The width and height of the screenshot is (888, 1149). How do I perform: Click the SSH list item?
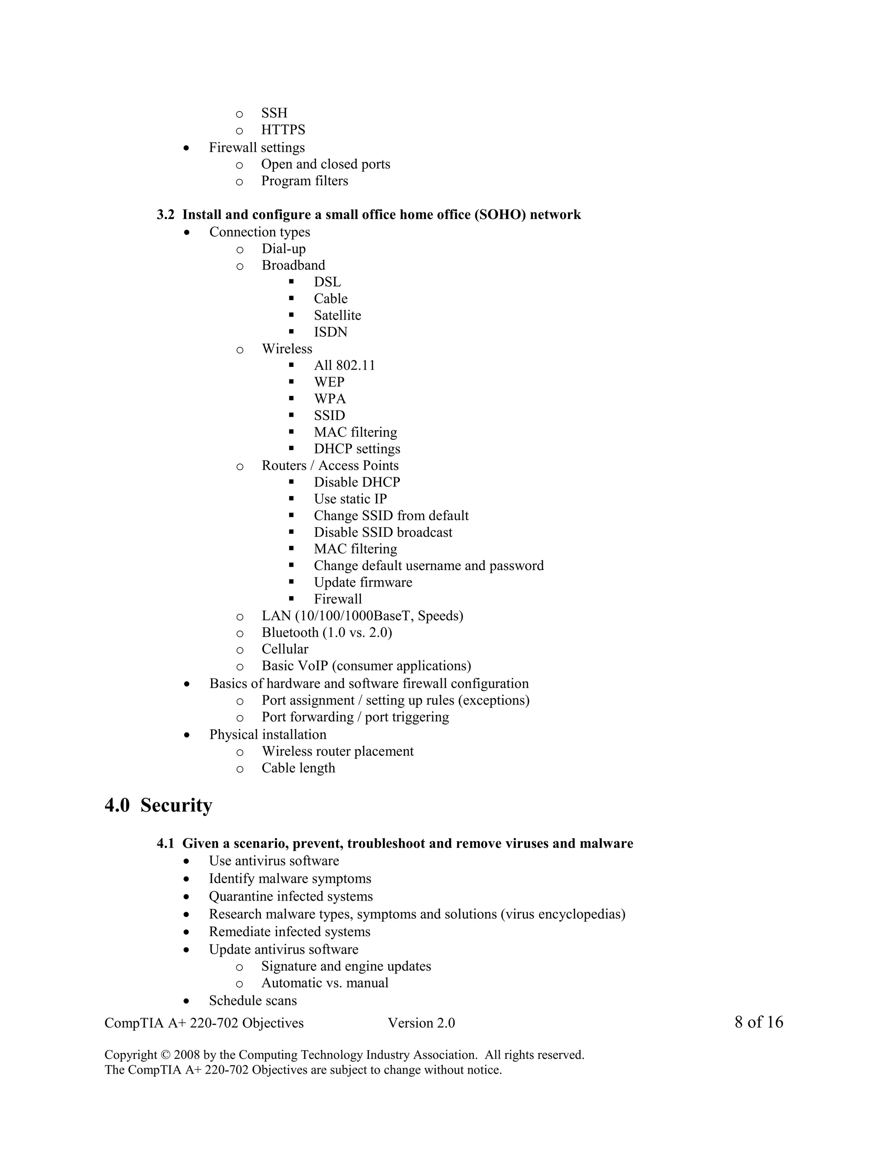274,113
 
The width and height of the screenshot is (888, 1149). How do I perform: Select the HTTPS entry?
283,130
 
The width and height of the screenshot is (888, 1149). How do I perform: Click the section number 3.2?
165,215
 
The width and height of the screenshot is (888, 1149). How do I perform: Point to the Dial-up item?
284,249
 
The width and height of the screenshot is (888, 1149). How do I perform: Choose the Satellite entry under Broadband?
337,316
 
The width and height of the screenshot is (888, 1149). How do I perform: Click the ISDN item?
330,333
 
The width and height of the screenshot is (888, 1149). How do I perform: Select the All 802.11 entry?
345,366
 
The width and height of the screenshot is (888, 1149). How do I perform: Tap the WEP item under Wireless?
329,382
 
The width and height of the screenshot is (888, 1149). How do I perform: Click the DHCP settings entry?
357,449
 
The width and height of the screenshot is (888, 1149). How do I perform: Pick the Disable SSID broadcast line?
383,533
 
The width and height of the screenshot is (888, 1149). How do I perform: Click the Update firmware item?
363,583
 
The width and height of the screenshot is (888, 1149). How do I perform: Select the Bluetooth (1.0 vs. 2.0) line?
326,633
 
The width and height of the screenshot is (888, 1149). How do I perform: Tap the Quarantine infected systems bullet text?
291,897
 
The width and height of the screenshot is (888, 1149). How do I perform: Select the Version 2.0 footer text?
421,1023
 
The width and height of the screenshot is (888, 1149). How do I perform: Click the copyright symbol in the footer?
165,1055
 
